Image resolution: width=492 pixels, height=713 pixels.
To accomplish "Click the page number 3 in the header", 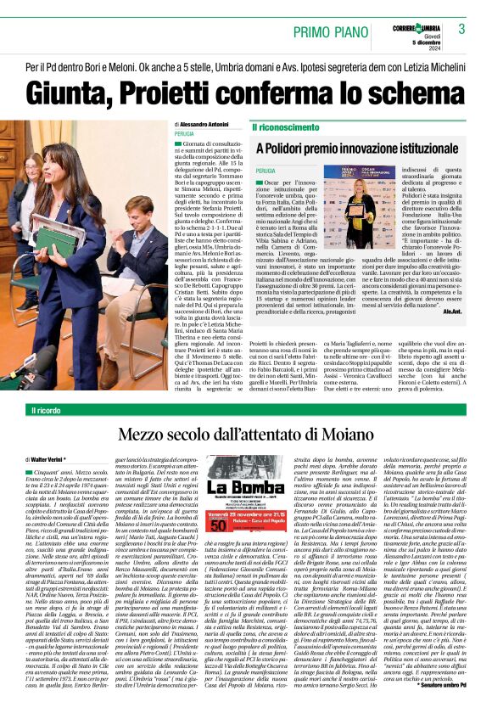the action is (x=461, y=29).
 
